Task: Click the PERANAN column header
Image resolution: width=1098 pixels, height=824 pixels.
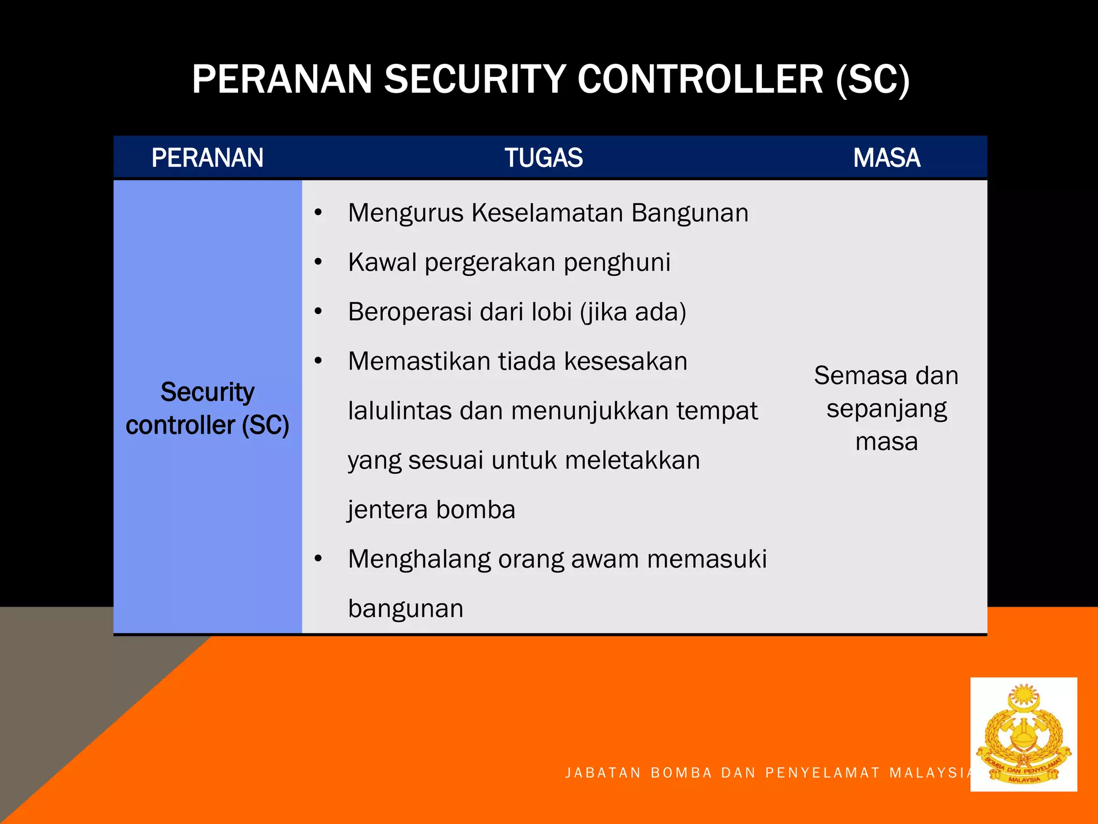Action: (x=207, y=158)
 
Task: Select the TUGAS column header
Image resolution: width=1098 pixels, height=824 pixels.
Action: (x=543, y=158)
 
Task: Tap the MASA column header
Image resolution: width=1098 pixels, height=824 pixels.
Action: (x=886, y=158)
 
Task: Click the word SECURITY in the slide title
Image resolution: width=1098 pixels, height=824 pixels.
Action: (x=474, y=79)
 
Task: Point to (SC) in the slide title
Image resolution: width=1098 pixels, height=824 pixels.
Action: (x=872, y=79)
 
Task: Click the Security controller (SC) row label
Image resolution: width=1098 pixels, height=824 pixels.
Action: (x=207, y=408)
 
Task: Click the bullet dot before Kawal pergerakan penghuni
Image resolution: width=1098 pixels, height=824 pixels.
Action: (x=318, y=262)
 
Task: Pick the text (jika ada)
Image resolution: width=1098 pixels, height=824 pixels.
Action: (x=633, y=312)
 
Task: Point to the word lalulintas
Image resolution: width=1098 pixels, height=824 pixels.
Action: (x=399, y=411)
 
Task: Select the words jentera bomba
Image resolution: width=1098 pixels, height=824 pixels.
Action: (x=431, y=510)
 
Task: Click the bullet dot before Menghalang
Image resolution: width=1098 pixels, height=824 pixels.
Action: (x=318, y=559)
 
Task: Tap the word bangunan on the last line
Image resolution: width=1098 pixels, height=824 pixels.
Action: (x=405, y=608)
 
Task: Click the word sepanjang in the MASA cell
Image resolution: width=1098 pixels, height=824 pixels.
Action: (x=886, y=409)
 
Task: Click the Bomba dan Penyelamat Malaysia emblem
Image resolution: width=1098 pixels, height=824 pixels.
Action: (x=1023, y=734)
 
